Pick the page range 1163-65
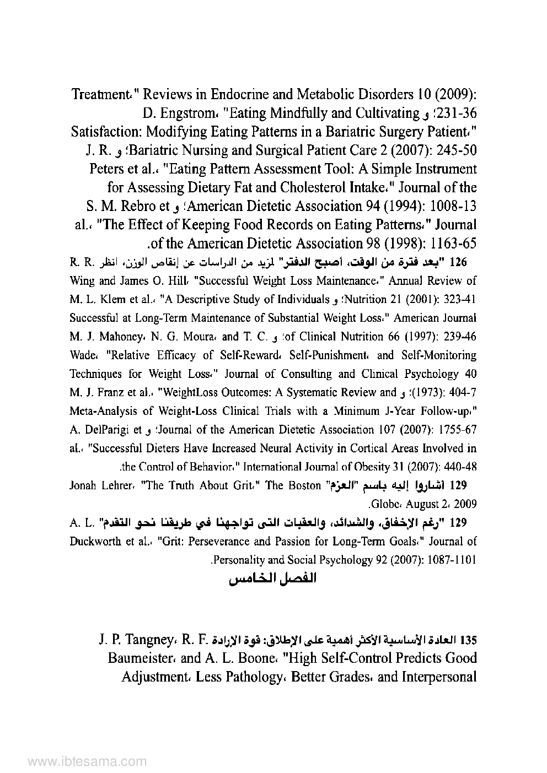click(x=443, y=243)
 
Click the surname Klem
click(x=115, y=300)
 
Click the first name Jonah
click(x=83, y=486)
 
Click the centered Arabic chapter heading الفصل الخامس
click(x=273, y=580)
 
